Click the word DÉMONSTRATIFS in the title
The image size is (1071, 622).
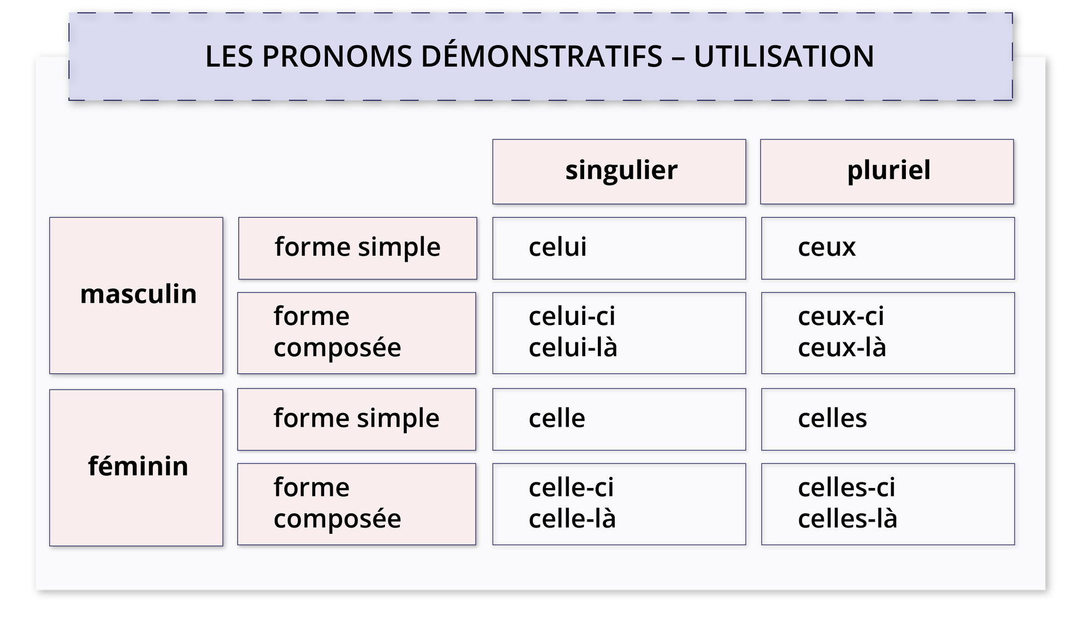[x=541, y=56]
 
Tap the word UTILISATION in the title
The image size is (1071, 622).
[x=784, y=56]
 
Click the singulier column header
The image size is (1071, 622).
[x=621, y=170]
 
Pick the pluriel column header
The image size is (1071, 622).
[x=889, y=170]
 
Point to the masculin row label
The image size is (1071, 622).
[x=138, y=294]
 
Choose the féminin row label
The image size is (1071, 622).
[x=138, y=466]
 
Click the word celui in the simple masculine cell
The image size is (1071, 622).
[x=557, y=247]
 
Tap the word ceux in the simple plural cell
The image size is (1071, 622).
[x=826, y=247]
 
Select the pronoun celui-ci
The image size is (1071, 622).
[x=572, y=317]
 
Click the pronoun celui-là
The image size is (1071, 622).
[x=573, y=348]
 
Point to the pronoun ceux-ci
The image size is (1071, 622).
[x=841, y=317]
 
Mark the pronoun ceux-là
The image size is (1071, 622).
[x=842, y=348]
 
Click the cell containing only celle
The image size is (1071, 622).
[x=619, y=419]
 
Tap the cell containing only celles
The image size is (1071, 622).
[x=887, y=419]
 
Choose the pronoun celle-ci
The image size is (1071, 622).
[x=571, y=487]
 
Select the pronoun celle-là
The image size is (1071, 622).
[x=572, y=519]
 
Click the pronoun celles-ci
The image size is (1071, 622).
[x=846, y=487]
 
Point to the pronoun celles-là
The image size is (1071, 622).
[x=847, y=519]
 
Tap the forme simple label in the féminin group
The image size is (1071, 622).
[x=356, y=419]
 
